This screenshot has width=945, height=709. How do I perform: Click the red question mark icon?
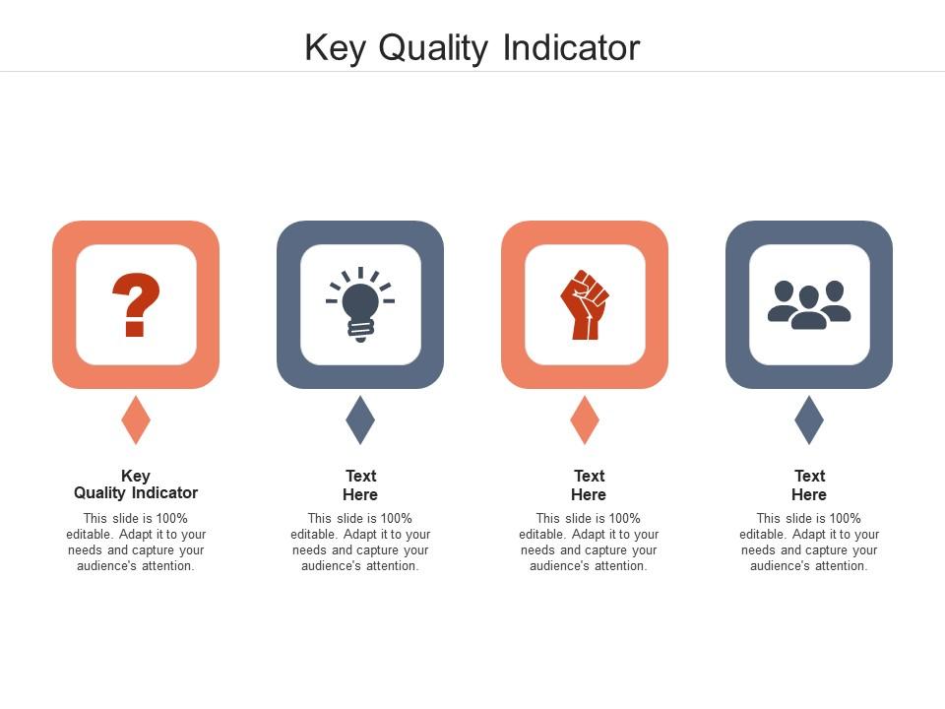point(136,304)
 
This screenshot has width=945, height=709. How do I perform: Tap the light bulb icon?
point(360,304)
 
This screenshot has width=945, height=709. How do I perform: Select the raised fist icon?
point(585,304)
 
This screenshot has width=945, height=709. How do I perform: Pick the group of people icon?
point(809,305)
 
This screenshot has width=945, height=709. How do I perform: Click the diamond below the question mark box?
point(136,420)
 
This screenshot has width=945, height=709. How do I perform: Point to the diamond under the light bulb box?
point(360,420)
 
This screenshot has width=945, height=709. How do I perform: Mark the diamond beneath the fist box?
point(585,420)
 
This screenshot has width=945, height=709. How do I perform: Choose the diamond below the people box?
point(809,420)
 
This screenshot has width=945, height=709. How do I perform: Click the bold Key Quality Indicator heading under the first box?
point(136,484)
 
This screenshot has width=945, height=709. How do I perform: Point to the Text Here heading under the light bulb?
point(360,485)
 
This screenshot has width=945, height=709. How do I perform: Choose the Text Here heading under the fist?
point(589,485)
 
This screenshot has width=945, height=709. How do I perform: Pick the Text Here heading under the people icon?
point(809,485)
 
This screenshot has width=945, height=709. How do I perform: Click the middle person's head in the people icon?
point(809,296)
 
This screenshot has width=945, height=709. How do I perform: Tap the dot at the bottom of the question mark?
point(135,330)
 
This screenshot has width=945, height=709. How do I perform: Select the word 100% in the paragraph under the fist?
point(623,519)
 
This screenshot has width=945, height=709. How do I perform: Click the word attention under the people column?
point(840,566)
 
